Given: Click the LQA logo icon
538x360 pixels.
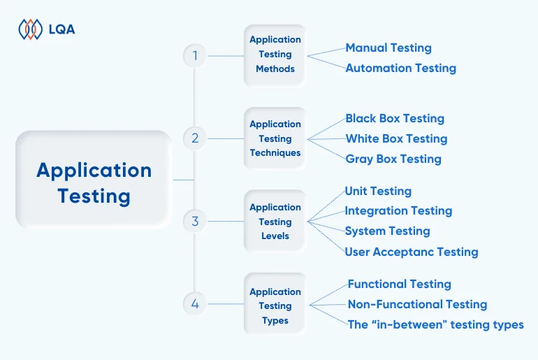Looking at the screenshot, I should [x=30, y=29].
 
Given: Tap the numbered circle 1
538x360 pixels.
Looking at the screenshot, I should [x=195, y=55].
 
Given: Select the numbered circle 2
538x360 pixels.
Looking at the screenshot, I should [x=195, y=138].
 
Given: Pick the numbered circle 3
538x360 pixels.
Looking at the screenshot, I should [x=195, y=222].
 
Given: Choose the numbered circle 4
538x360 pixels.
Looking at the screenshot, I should [x=195, y=304].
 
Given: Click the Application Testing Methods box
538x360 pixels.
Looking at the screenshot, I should [x=275, y=55].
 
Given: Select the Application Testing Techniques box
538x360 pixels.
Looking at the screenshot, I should [x=275, y=138].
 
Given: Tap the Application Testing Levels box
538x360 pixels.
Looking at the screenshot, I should [x=275, y=222].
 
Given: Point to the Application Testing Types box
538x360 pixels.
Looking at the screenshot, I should [x=275, y=305].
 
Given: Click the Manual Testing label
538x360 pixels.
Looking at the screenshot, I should [x=388, y=48].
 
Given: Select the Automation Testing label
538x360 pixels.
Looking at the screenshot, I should [x=400, y=68].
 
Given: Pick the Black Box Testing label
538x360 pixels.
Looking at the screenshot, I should [x=395, y=118].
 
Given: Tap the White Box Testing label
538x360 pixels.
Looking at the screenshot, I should [x=396, y=138].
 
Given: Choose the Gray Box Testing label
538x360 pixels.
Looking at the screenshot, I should [x=393, y=159].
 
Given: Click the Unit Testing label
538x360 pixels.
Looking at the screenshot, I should [x=378, y=191].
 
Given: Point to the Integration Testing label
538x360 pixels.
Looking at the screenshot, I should [x=398, y=210].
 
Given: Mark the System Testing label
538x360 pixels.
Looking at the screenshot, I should [x=387, y=231].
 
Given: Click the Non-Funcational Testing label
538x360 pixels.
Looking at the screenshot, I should [x=417, y=304].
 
